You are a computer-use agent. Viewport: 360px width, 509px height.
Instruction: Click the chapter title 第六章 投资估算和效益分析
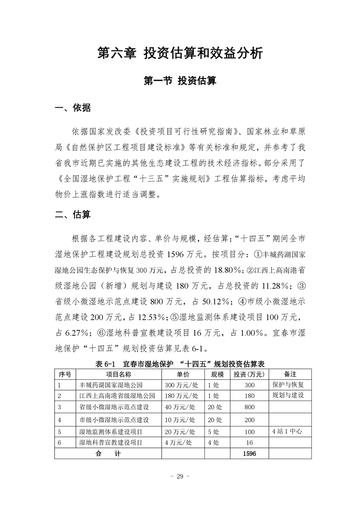[x=180, y=53]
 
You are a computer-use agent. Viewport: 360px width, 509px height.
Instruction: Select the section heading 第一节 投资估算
[x=180, y=81]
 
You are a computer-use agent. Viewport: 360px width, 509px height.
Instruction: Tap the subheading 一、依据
[x=73, y=108]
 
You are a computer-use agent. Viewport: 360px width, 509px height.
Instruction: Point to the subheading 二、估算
[x=73, y=215]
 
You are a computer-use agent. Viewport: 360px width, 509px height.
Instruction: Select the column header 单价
[x=183, y=374]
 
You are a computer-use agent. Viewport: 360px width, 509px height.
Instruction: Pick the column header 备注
[x=290, y=374]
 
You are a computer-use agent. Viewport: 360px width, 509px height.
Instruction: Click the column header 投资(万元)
[x=249, y=374]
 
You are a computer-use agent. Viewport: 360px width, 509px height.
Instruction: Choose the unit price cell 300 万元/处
[x=182, y=385]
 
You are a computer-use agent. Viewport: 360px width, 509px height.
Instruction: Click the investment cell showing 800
[x=249, y=407]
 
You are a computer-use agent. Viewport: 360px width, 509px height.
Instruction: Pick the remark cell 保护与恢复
[x=288, y=385]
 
